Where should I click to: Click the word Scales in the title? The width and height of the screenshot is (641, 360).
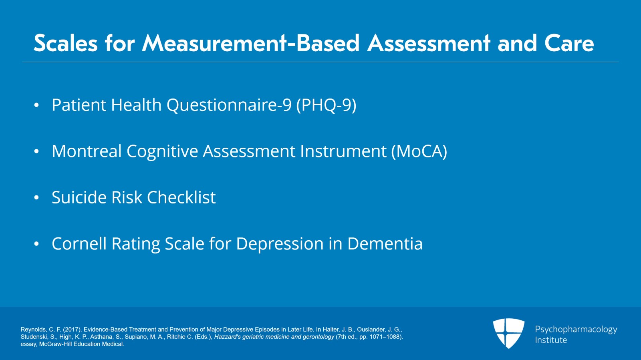point(66,43)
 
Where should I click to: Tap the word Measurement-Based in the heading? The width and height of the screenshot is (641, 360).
point(251,43)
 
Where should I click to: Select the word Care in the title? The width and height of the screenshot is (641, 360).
point(569,43)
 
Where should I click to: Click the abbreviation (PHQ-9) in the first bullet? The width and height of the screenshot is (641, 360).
point(326,105)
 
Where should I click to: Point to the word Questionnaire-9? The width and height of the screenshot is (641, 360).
point(229,105)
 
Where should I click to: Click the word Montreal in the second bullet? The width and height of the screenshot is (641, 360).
point(87,151)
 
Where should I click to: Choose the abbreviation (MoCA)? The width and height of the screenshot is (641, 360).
point(419,151)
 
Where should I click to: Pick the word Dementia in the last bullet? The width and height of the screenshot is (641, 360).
point(385,244)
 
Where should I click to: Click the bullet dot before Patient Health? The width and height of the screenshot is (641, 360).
point(36,105)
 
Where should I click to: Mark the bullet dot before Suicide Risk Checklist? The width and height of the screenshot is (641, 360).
point(36,198)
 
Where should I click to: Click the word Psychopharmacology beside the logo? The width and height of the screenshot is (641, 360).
point(576,329)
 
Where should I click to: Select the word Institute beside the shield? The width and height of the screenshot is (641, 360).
point(551,340)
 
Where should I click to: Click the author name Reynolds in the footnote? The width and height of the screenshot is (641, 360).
point(33,330)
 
